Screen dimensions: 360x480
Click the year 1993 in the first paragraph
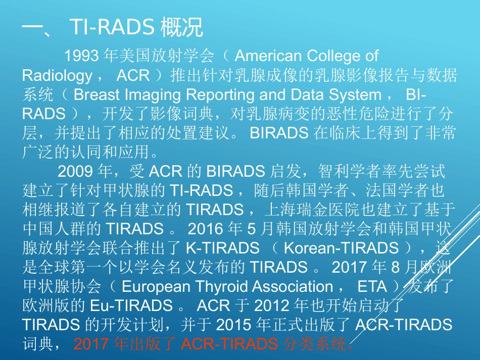point(81,56)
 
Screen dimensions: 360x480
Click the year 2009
point(75,171)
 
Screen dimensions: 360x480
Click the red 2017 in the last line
point(91,344)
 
